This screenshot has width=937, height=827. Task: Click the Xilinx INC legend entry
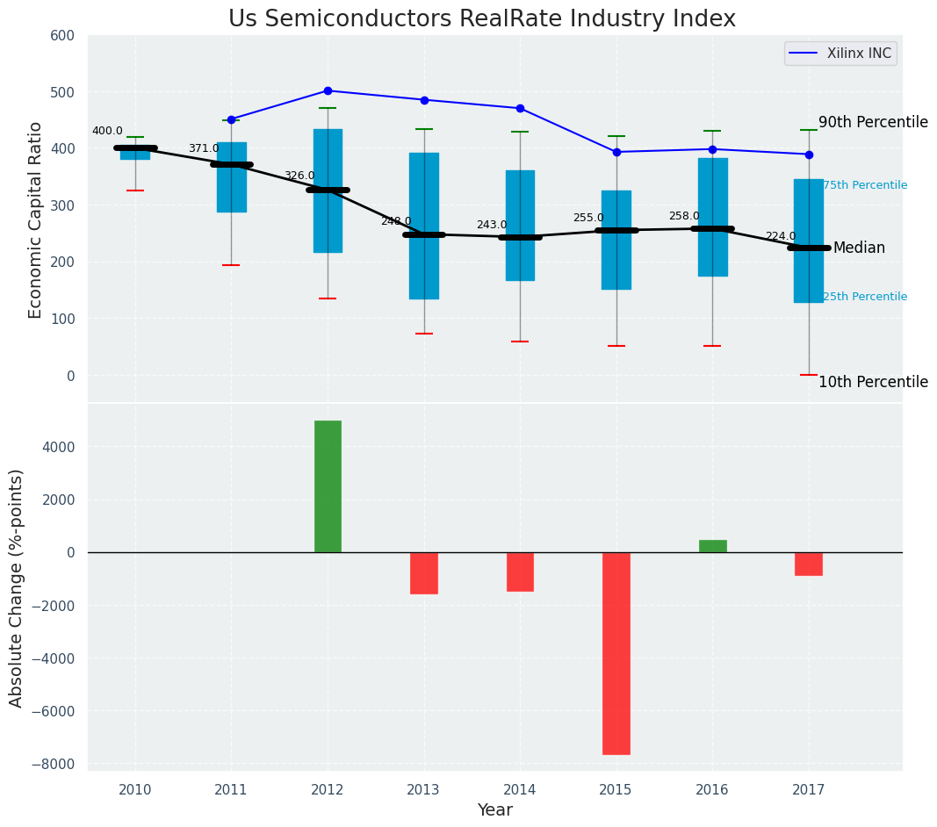[x=840, y=54]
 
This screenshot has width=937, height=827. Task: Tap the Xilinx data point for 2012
[x=328, y=90]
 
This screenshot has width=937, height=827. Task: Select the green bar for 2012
[x=328, y=486]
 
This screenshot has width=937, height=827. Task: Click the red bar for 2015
[x=616, y=653]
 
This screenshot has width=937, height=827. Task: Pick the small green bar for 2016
[x=712, y=546]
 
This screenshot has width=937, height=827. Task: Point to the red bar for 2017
[x=809, y=564]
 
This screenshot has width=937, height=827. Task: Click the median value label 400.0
[x=107, y=132]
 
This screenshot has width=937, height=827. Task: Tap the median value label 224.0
[x=781, y=236]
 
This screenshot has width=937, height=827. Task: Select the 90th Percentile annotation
[x=873, y=122]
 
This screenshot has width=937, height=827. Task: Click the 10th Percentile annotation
[x=873, y=382]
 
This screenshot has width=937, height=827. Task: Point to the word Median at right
[x=859, y=248]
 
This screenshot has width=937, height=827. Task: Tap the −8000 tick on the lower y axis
[x=55, y=765]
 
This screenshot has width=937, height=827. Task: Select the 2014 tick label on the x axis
[x=520, y=790]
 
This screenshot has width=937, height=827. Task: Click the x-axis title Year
[x=495, y=810]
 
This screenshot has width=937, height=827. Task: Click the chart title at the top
[x=482, y=19]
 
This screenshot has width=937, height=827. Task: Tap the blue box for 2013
[x=424, y=226]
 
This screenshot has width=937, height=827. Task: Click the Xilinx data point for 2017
[x=809, y=155]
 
